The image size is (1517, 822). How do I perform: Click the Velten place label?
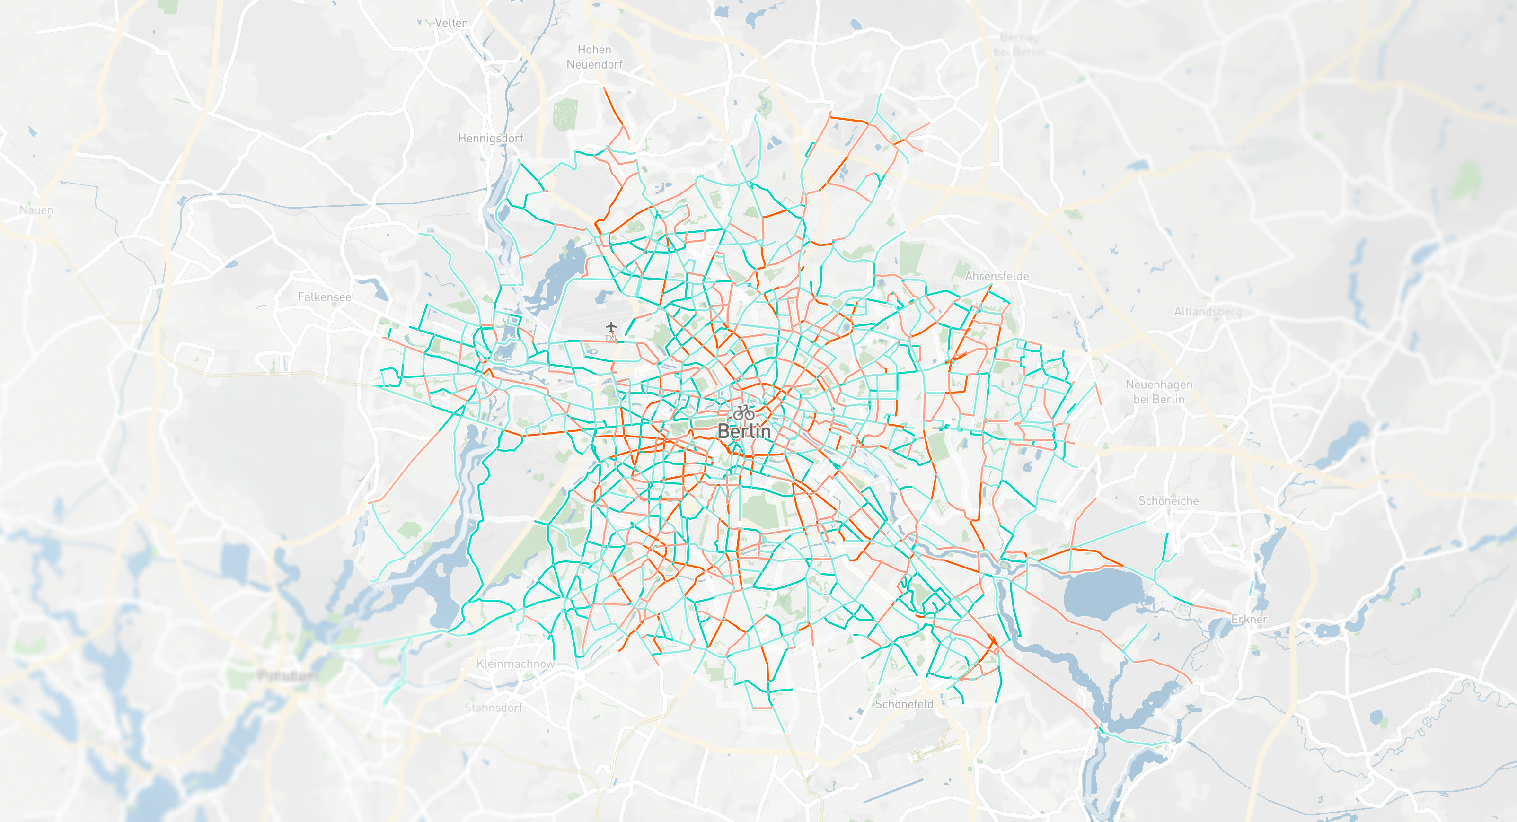coord(451,23)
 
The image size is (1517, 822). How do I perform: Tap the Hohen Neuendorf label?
coord(594,57)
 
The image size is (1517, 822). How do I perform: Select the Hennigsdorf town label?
coord(491,139)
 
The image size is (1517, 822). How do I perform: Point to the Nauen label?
coord(36,210)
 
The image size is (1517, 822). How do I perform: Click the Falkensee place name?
coord(324,297)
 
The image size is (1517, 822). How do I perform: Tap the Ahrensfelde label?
coord(997,276)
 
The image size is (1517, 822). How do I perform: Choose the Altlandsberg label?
coord(1207,312)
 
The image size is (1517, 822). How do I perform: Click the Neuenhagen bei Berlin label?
coord(1158,392)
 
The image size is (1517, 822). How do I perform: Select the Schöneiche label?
coord(1168,501)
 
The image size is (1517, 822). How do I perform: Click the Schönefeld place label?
coord(903,704)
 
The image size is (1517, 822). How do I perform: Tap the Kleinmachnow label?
coord(515,664)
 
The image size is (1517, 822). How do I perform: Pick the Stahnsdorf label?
coord(493,708)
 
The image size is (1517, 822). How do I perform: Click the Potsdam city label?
coord(288,675)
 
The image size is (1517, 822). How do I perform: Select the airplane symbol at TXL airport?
coord(611,327)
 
